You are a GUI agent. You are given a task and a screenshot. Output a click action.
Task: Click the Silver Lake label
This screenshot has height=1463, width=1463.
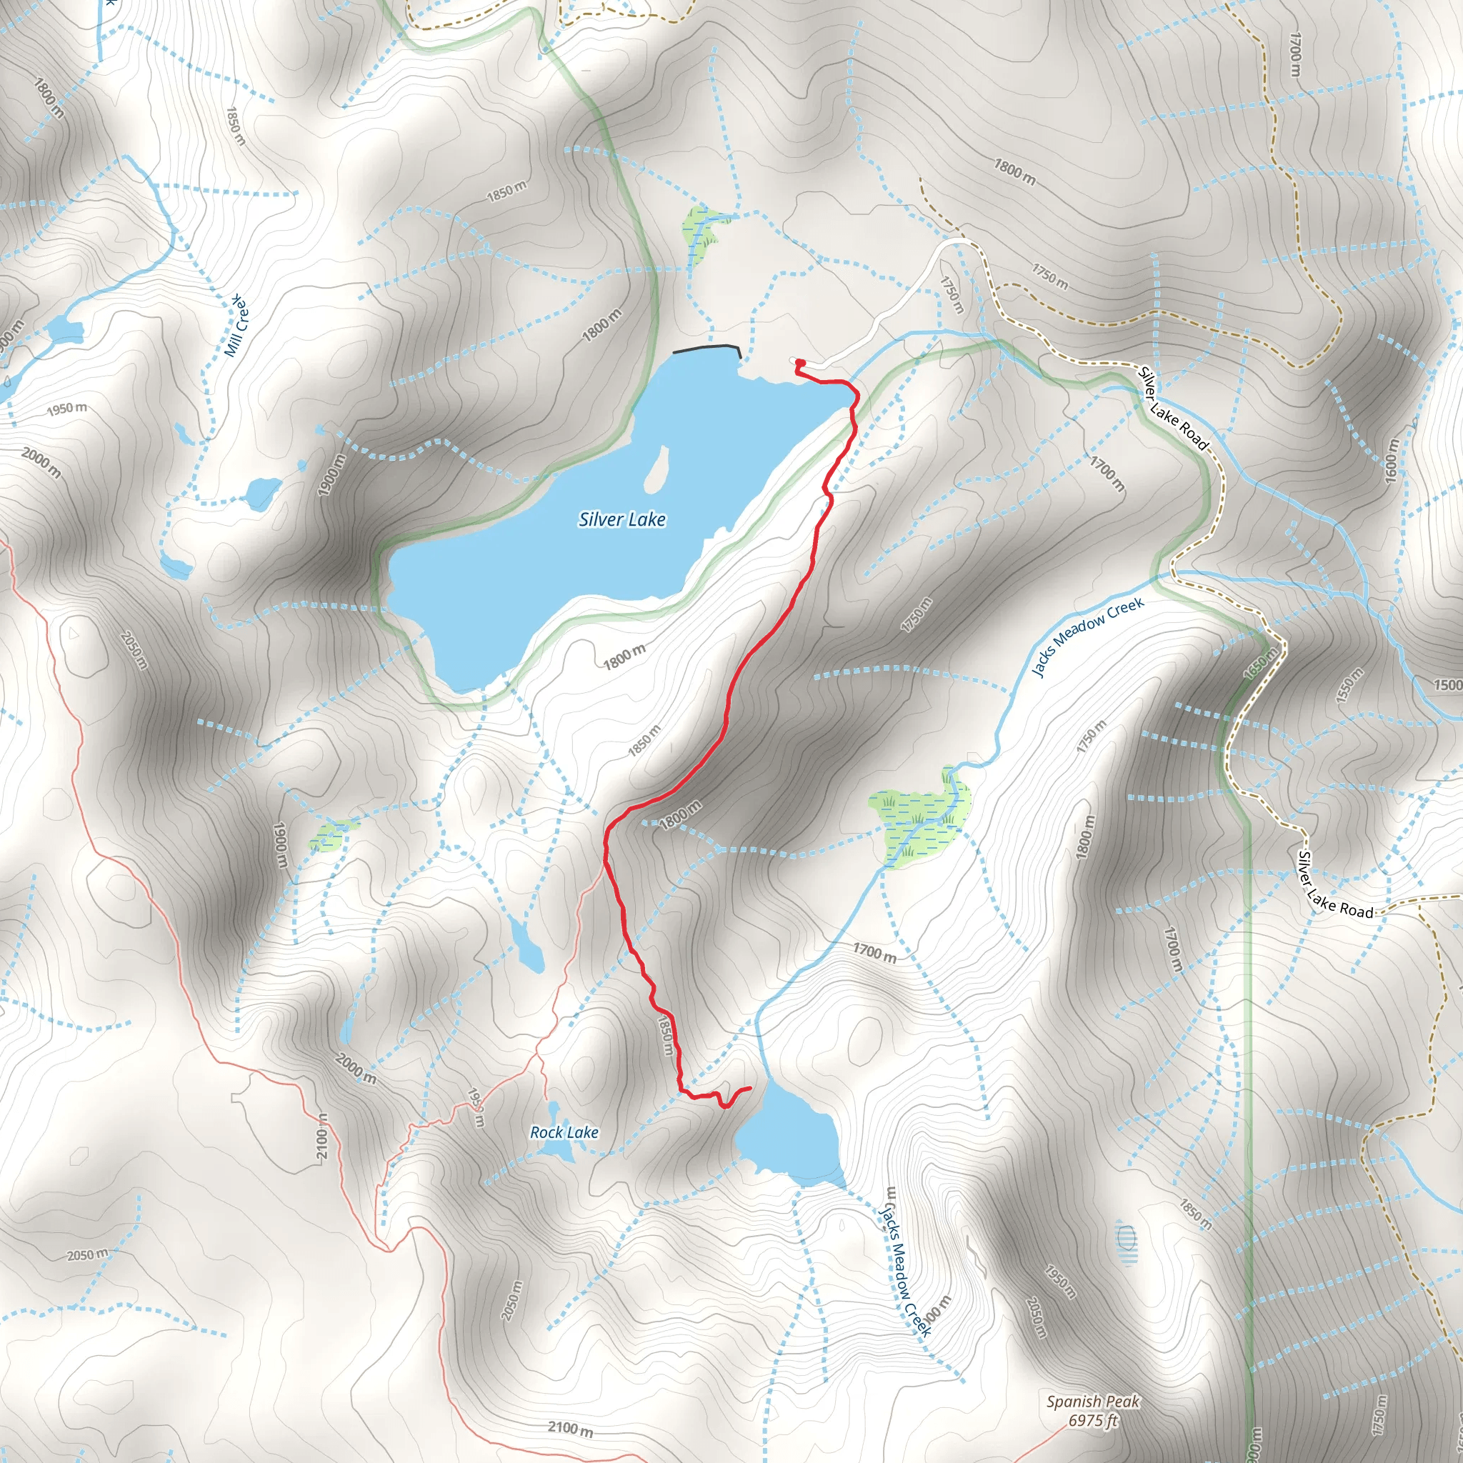(621, 519)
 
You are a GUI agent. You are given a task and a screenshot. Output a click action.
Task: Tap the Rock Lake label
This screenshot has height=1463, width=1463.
(564, 1132)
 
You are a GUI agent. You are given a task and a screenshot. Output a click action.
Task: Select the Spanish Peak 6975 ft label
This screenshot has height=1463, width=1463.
(1093, 1411)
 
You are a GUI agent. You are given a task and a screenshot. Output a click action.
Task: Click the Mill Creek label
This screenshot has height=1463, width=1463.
(236, 326)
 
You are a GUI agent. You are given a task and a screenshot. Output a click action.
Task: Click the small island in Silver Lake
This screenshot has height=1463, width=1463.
(656, 469)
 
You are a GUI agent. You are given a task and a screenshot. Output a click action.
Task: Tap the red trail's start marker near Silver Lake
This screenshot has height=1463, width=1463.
(799, 363)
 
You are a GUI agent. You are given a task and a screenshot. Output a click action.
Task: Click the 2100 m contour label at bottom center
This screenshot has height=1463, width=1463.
(570, 1429)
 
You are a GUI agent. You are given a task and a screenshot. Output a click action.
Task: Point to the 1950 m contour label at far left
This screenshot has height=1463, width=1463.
(66, 409)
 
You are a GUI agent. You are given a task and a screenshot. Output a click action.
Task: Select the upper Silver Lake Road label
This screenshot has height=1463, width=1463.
(1172, 409)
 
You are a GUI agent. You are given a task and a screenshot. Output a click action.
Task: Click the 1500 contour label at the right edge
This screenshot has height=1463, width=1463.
(1447, 685)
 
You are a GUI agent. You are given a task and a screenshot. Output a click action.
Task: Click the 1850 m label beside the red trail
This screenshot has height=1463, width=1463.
(665, 1035)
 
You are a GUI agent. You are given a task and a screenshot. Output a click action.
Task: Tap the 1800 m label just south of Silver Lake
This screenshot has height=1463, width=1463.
(625, 656)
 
